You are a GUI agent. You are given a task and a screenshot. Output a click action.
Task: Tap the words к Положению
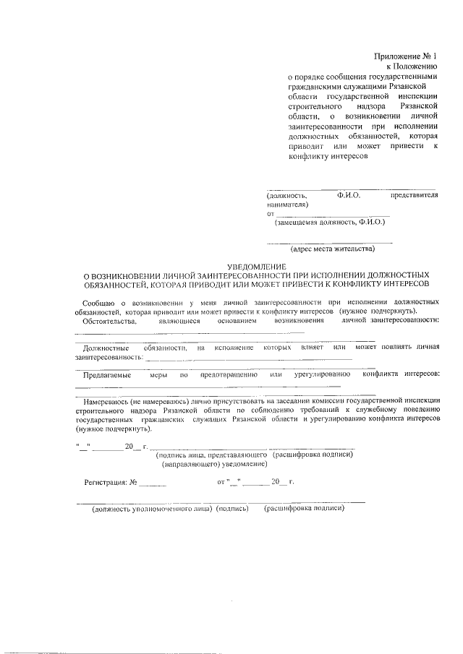click(x=417, y=66)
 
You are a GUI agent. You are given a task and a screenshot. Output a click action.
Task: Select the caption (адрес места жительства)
click(x=331, y=249)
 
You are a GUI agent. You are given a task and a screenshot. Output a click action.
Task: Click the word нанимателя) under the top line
click(x=286, y=205)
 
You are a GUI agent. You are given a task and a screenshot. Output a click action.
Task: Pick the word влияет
click(x=310, y=348)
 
